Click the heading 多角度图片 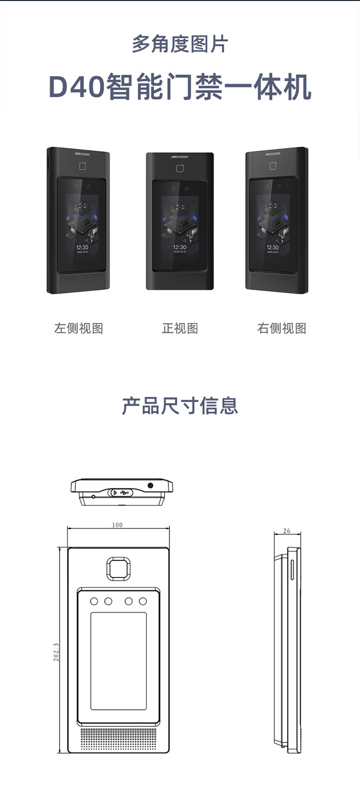(180, 45)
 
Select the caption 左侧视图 (78, 328)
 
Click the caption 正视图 (180, 328)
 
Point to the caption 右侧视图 (281, 328)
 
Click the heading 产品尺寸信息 (180, 406)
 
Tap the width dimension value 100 (117, 525)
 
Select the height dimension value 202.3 (56, 652)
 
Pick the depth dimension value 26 (286, 531)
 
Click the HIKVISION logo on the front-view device (180, 157)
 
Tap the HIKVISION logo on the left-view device (82, 154)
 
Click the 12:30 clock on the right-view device (273, 247)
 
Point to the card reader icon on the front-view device (180, 169)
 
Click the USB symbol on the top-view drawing (124, 492)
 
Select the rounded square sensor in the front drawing (118, 568)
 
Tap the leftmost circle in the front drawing (94, 601)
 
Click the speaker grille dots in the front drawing (118, 739)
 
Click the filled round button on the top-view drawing (150, 485)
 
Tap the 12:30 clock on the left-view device (82, 247)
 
